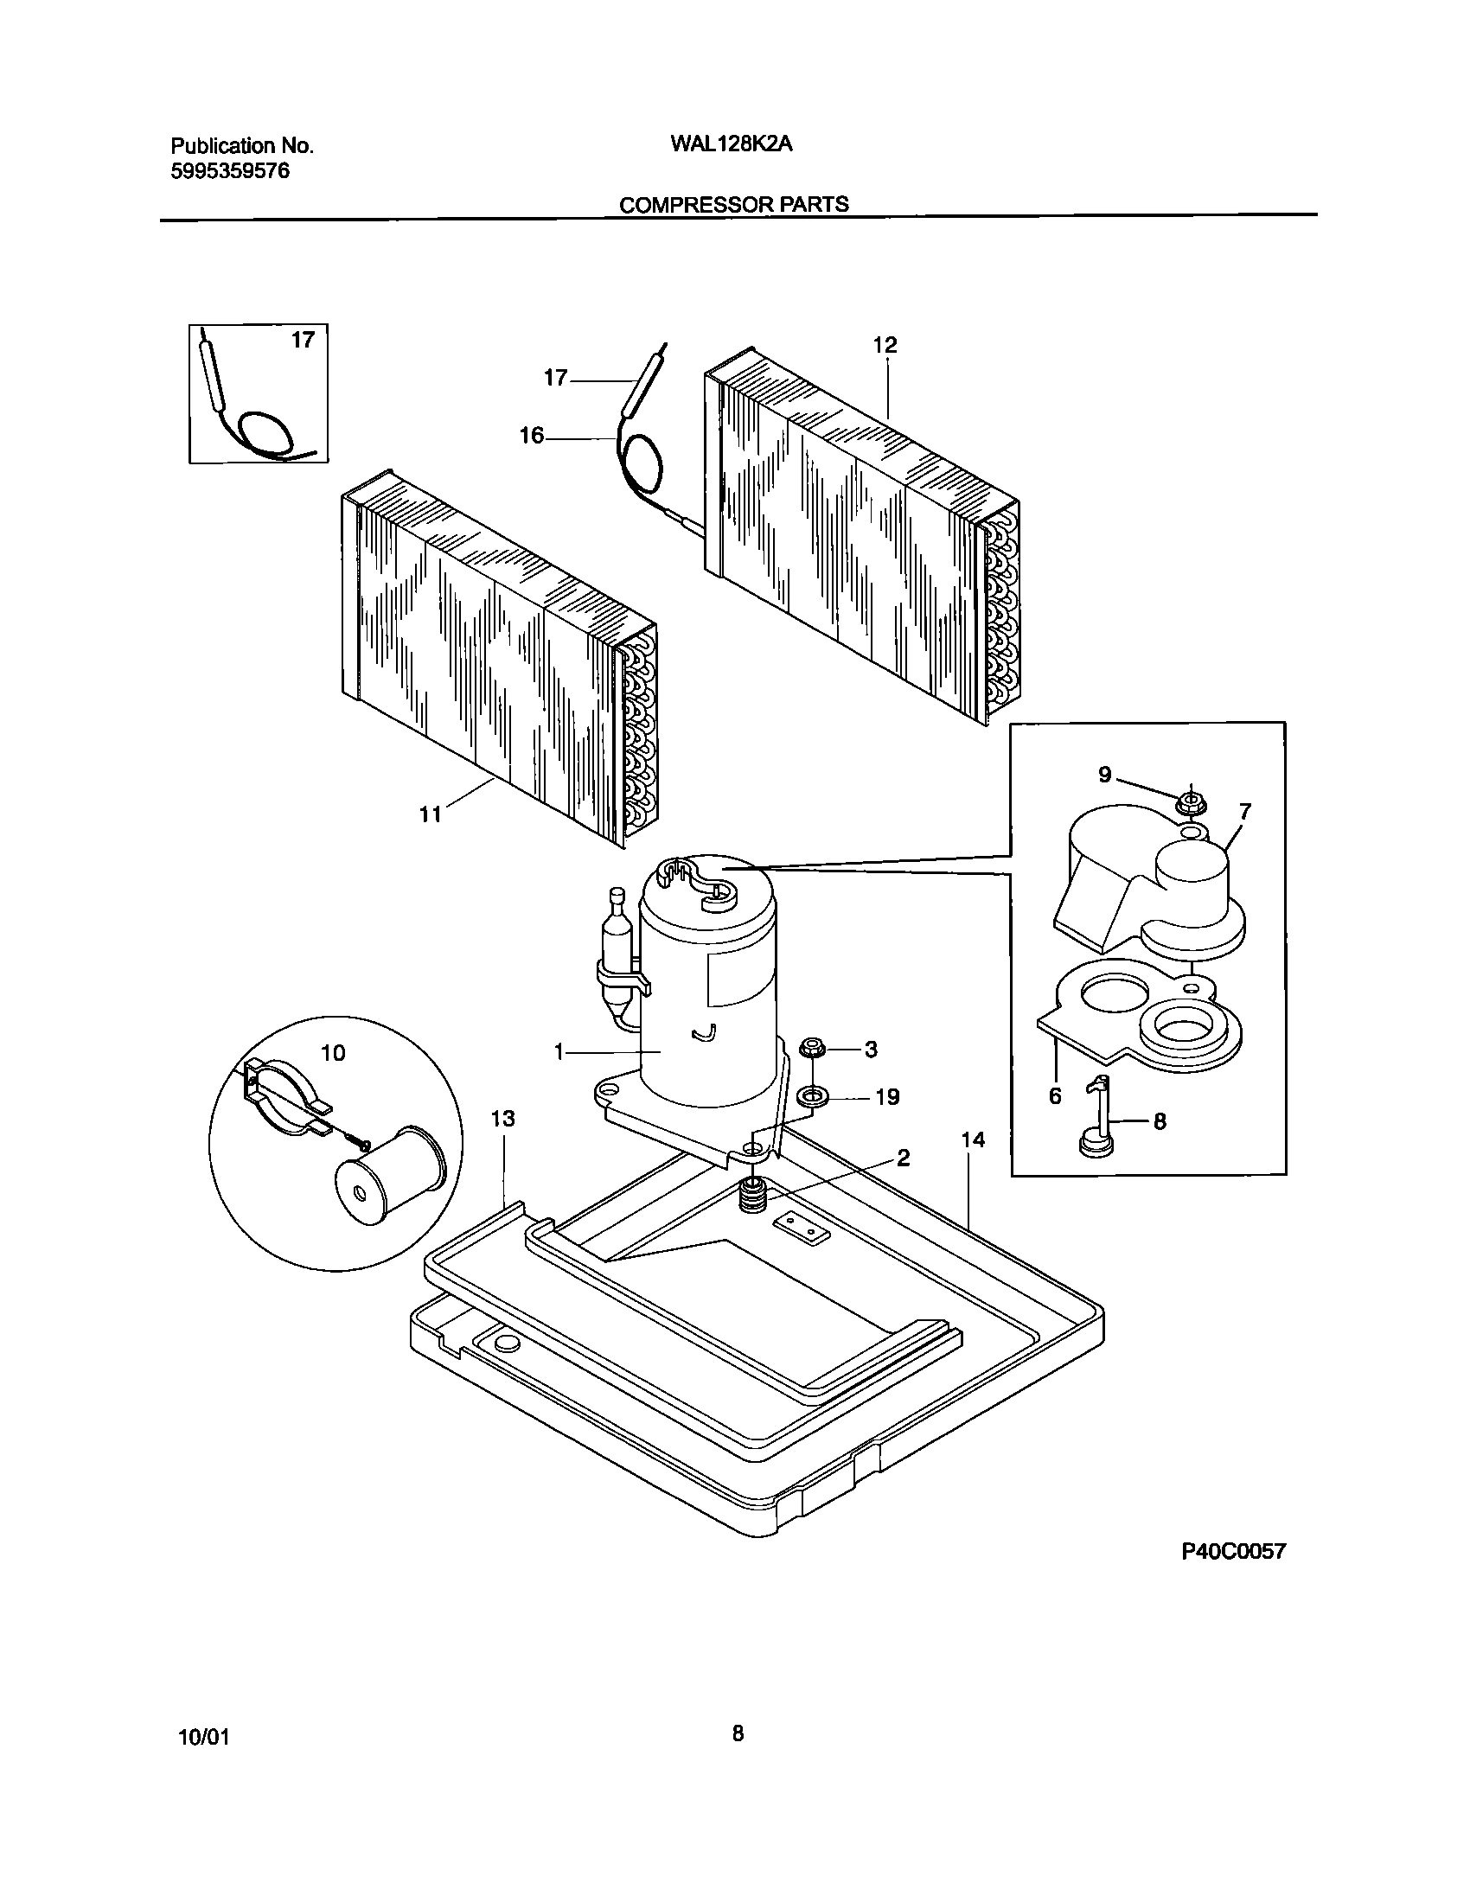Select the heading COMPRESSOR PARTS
(x=734, y=205)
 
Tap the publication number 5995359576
(x=230, y=171)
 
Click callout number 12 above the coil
(x=885, y=345)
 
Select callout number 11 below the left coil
(x=431, y=814)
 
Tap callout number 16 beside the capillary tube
(x=532, y=436)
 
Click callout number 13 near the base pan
(x=502, y=1119)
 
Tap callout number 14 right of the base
(x=973, y=1139)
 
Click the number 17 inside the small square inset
(x=303, y=341)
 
